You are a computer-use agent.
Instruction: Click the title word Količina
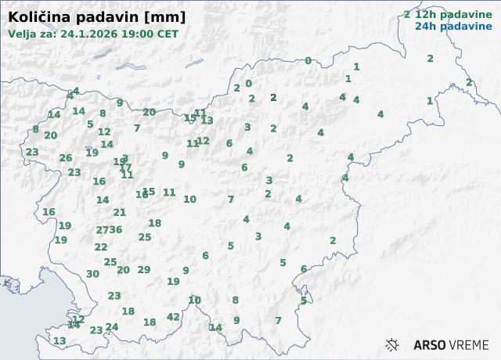coord(37,16)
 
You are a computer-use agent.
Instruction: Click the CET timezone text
coord(167,34)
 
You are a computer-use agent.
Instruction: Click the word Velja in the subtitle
coord(23,34)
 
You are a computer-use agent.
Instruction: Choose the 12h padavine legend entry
coord(448,14)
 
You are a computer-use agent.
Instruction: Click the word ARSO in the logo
coord(430,344)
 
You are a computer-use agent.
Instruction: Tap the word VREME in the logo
coord(470,344)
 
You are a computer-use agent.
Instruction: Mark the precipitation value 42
coord(173,317)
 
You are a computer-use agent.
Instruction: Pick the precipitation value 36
coord(116,229)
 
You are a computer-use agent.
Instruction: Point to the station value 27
coord(102,230)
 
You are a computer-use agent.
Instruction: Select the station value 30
coord(92,274)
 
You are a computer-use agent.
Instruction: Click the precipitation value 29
coord(144,270)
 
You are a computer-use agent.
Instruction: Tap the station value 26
coord(66,158)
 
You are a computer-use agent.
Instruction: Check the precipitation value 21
coord(119,212)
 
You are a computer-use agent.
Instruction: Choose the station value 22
coord(101,247)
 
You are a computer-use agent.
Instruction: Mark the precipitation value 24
coord(112,327)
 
